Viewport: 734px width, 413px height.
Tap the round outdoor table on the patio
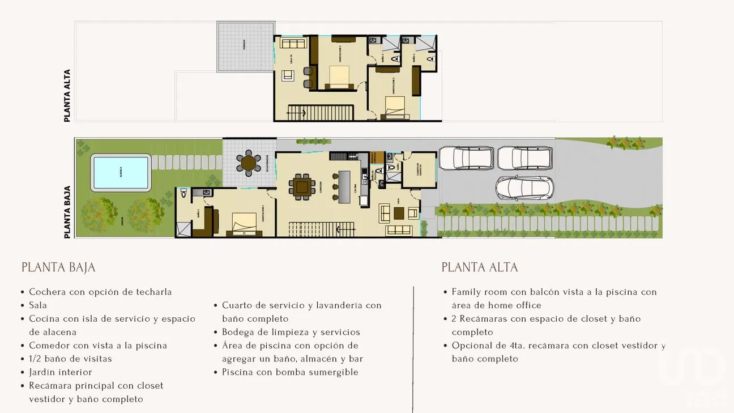(249, 163)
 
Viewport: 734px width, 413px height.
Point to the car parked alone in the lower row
(524, 188)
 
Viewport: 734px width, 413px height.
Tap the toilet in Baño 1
(182, 193)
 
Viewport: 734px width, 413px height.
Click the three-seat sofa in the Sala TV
(293, 43)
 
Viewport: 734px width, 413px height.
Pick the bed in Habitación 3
(339, 76)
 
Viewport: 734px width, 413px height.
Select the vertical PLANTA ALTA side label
(67, 96)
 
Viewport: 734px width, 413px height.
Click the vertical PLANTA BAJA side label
(67, 212)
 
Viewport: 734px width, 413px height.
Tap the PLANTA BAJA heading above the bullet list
(58, 267)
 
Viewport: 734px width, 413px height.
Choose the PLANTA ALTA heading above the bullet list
(480, 267)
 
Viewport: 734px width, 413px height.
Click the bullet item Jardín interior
(60, 372)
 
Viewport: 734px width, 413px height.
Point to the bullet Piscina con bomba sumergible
(290, 372)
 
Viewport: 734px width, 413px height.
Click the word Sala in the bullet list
(38, 305)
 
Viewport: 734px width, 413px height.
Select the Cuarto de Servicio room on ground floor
(419, 170)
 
